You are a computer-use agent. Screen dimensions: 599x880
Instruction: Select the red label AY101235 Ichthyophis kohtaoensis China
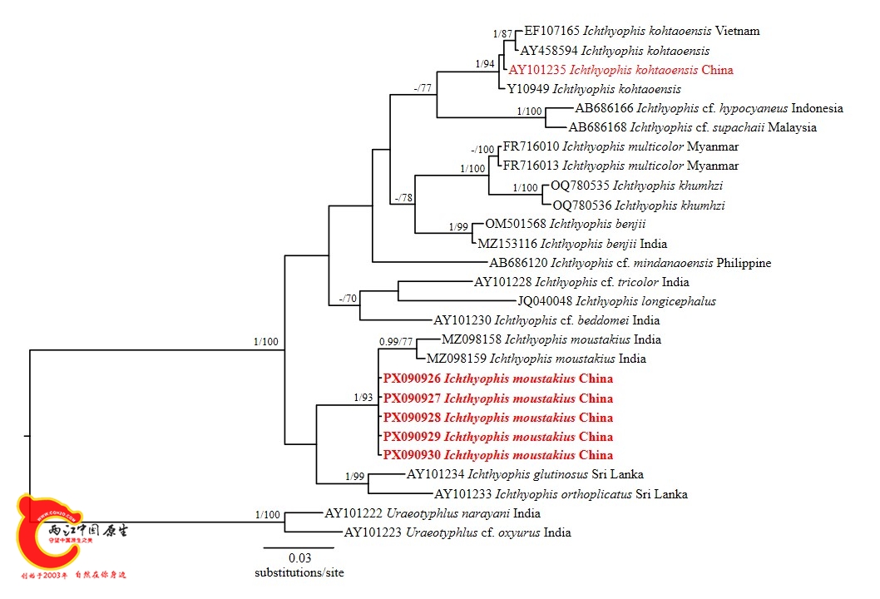pyautogui.click(x=620, y=70)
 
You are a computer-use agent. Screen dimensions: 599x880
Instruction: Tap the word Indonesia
pyautogui.click(x=817, y=108)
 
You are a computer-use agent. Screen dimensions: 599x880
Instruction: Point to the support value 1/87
pyautogui.click(x=503, y=34)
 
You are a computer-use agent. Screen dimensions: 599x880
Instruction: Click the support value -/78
pyautogui.click(x=403, y=198)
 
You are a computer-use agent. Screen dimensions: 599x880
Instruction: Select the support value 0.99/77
pyautogui.click(x=396, y=341)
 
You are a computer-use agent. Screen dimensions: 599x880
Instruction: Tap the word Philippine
pyautogui.click(x=744, y=263)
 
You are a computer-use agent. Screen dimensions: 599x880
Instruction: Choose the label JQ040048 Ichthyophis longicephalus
pyautogui.click(x=616, y=301)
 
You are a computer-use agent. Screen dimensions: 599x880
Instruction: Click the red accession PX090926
pyautogui.click(x=412, y=379)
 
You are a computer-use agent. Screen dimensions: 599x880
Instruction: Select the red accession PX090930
pyautogui.click(x=412, y=455)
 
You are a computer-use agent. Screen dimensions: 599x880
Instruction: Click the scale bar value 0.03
pyautogui.click(x=299, y=557)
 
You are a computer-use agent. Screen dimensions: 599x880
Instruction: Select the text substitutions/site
pyautogui.click(x=299, y=572)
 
